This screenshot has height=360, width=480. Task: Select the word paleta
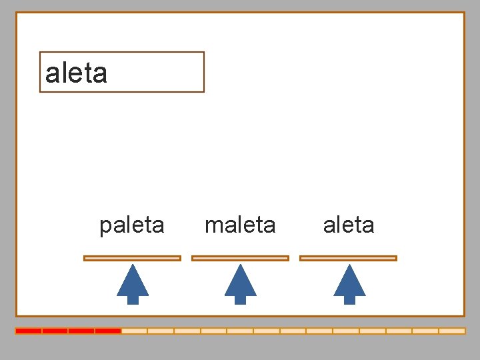[131, 225]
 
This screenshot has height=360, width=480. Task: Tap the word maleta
[240, 225]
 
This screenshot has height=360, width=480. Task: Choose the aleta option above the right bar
[349, 225]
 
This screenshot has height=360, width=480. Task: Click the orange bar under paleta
[132, 258]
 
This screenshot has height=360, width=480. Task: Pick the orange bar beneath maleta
[240, 258]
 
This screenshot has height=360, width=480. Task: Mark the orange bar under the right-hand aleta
[348, 258]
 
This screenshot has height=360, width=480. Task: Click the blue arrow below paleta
[133, 285]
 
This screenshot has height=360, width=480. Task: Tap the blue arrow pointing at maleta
[241, 285]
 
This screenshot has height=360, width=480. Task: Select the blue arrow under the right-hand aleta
[349, 285]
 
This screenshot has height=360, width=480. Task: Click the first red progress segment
[29, 331]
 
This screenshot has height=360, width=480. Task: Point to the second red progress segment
[55, 331]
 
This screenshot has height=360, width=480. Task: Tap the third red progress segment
[81, 331]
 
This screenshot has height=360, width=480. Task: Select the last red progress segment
[107, 331]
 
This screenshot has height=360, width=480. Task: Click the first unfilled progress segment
[134, 331]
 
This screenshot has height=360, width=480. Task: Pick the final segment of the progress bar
[451, 331]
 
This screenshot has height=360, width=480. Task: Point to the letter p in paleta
[105, 227]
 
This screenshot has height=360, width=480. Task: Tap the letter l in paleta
[127, 225]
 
